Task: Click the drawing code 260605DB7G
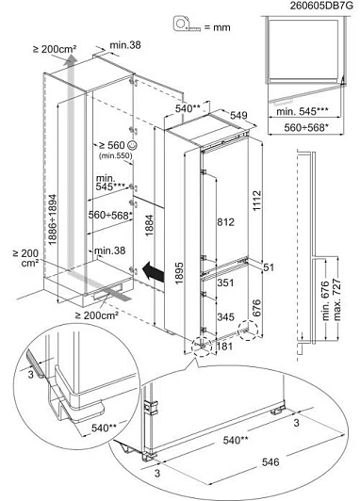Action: [321, 6]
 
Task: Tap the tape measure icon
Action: [187, 24]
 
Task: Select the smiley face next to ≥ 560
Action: [132, 145]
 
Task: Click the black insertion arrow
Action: [154, 271]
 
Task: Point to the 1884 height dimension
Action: [150, 226]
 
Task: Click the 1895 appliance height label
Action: [179, 273]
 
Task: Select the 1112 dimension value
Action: [256, 201]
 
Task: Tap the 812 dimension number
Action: [226, 222]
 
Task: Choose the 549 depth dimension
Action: [238, 115]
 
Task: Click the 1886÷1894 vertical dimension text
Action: [53, 219]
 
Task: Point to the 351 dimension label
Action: [226, 283]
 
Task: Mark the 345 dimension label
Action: [226, 317]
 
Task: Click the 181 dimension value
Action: [225, 347]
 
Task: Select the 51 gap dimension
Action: [269, 267]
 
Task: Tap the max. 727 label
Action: [337, 300]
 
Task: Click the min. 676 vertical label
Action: [325, 300]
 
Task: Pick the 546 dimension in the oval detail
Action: [270, 462]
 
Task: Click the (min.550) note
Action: [115, 155]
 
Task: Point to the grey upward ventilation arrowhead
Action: [70, 60]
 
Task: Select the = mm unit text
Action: [218, 27]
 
